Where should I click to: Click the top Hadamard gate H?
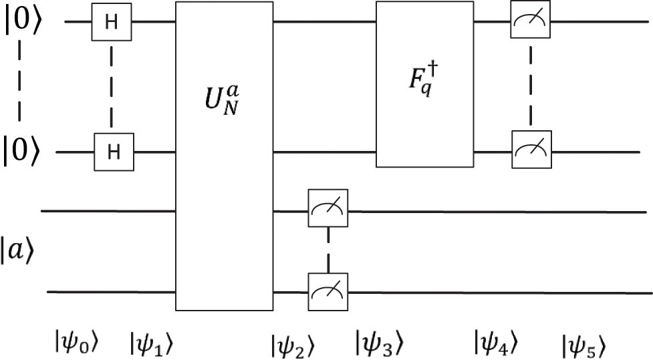point(112,23)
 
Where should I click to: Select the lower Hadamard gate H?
point(112,152)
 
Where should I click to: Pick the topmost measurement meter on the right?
point(529,23)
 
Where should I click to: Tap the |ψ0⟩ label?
point(77,342)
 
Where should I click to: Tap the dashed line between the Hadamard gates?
point(112,87)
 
